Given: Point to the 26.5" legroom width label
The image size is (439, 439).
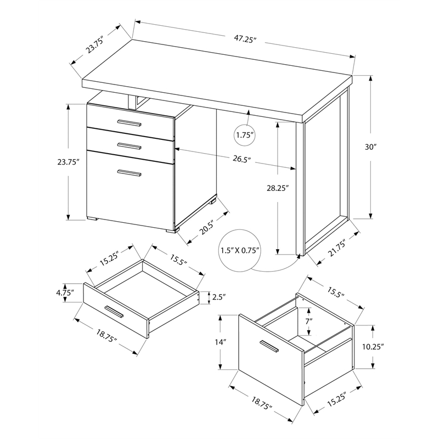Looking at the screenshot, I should (241, 160).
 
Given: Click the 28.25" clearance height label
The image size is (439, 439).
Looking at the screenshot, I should (277, 188).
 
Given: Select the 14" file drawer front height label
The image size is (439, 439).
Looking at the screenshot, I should (221, 342).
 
